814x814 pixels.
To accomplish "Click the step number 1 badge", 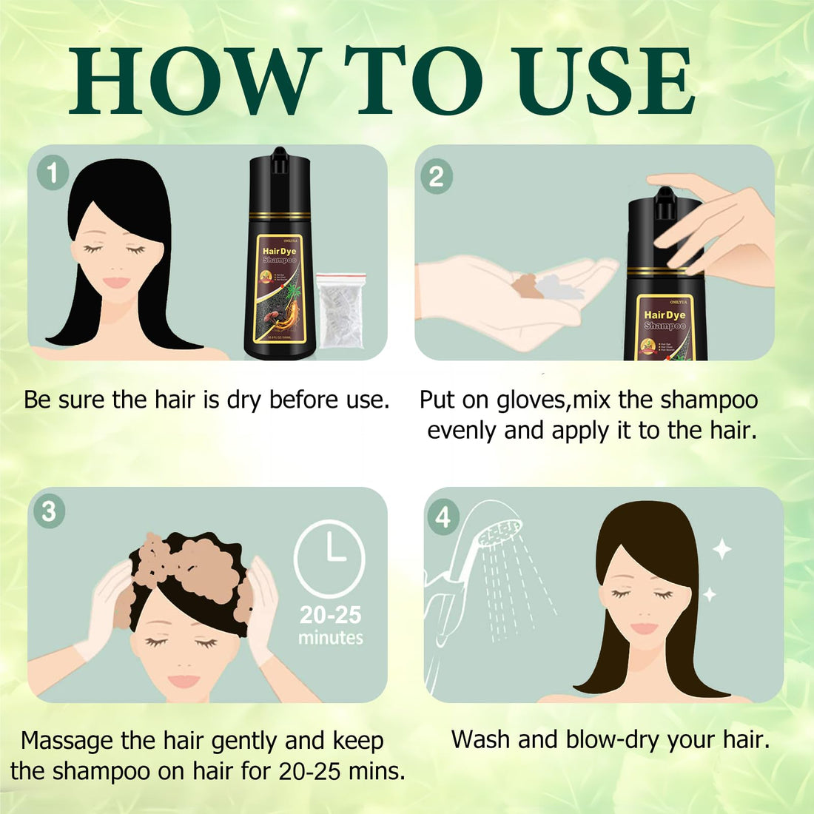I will tap(53, 174).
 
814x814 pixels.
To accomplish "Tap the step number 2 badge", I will tap(437, 177).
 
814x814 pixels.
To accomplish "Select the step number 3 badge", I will tap(49, 511).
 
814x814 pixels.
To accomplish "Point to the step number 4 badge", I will tap(443, 517).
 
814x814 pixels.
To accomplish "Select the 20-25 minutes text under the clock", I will tap(330, 625).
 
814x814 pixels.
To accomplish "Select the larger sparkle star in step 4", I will tap(721, 549).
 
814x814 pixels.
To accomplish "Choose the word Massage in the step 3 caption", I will tap(67, 741).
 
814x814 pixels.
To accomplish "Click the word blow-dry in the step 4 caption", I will tap(611, 739).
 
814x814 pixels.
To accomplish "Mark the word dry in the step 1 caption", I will tap(245, 400).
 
